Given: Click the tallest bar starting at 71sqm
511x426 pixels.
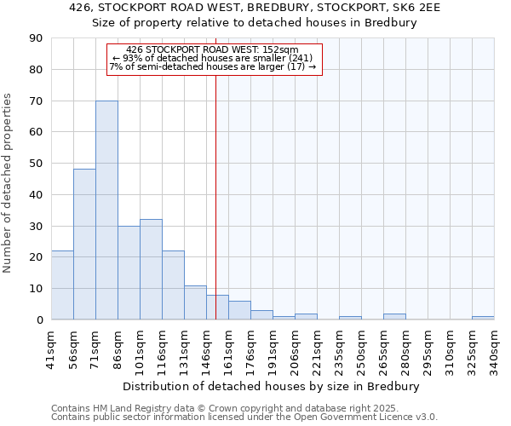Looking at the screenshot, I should coord(106,210).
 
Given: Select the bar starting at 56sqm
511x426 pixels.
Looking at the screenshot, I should coord(84,244).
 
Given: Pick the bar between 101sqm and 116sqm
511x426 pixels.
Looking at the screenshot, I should coord(151,269).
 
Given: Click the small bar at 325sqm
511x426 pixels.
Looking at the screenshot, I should coord(483,318).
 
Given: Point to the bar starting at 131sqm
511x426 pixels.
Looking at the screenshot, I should coord(195,302).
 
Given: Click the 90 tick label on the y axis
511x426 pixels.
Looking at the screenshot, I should coord(36,38).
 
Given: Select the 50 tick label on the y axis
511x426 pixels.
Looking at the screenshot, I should coord(36,164).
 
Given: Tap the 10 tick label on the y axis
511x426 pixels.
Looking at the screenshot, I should coord(36,289).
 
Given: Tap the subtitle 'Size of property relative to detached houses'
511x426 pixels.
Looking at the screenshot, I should coord(254,23).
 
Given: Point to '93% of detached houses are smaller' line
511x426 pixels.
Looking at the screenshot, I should coord(214,58).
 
